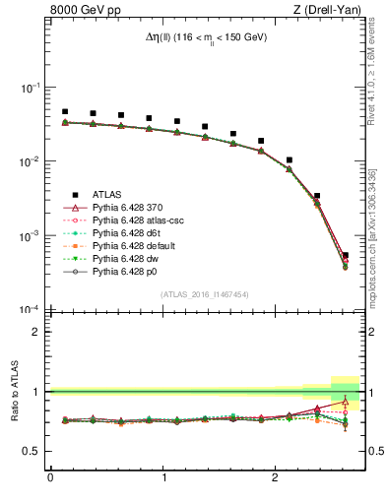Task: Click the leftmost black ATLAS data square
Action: coord(65,112)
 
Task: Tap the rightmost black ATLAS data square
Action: coord(345,255)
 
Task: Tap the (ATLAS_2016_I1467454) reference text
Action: coord(205,294)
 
